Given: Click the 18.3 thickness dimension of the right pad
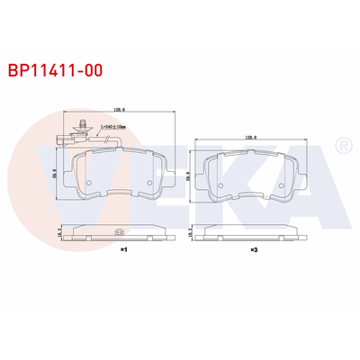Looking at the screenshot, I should click(191, 231).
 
